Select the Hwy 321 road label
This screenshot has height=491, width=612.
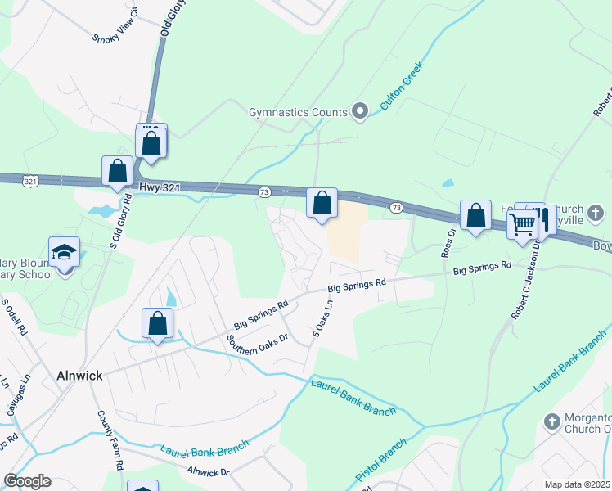tap(160, 187)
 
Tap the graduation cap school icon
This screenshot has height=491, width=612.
tap(64, 254)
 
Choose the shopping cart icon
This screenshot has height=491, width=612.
tap(522, 223)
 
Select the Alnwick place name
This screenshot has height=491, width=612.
tap(79, 376)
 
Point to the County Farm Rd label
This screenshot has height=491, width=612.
tap(110, 439)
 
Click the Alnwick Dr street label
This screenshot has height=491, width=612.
tap(209, 472)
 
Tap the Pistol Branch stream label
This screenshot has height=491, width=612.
tap(381, 461)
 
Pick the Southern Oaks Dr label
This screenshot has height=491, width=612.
tap(258, 349)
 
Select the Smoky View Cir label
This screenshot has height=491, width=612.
tap(117, 28)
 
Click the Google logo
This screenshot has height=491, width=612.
tap(27, 481)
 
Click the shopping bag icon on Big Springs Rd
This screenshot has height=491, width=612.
tap(158, 324)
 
